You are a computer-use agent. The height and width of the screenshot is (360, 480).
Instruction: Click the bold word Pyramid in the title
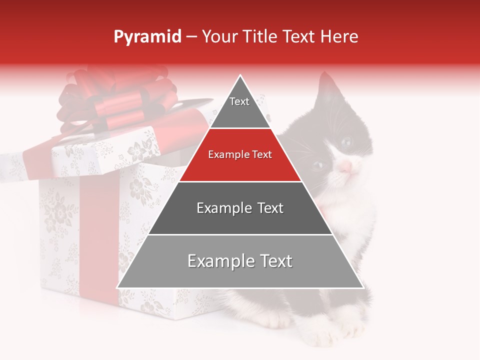[147, 37]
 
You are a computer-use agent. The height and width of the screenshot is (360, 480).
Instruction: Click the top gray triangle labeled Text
[239, 107]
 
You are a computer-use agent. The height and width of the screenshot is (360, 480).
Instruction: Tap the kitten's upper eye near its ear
[346, 141]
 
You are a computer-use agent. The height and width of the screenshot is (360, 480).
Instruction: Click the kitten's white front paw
[350, 327]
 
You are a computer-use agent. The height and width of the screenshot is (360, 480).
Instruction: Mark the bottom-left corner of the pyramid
[118, 287]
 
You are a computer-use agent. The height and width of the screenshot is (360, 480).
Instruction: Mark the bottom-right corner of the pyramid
[362, 287]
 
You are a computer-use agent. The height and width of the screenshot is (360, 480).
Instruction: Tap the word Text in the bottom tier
[272, 261]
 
